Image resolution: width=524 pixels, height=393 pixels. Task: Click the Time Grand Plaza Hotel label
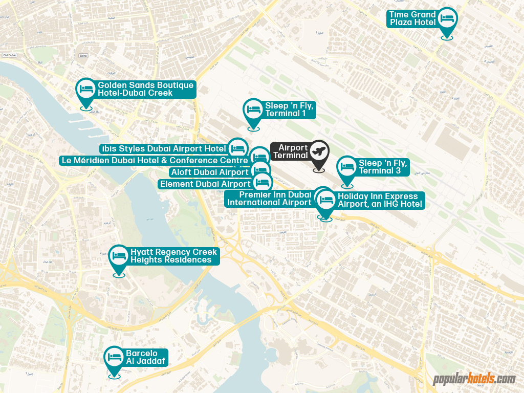412,18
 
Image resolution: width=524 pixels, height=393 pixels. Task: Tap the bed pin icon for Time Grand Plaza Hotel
447,19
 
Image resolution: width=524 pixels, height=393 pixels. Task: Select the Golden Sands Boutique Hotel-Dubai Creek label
145,89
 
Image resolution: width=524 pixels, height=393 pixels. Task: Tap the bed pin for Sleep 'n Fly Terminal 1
253,110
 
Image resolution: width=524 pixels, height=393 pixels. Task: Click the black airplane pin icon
319,152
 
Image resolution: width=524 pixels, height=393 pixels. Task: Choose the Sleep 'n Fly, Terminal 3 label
383,167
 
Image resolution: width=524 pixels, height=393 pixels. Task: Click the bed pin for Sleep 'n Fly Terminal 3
347,167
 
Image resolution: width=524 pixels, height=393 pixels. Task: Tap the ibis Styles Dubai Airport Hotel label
164,149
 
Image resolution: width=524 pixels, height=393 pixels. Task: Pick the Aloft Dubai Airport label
210,172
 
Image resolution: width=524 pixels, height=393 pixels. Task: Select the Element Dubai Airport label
205,184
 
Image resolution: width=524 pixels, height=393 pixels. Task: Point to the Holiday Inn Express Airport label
380,201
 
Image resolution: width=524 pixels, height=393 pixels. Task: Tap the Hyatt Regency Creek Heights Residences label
173,256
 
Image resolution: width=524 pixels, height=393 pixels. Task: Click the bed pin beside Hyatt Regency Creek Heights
119,256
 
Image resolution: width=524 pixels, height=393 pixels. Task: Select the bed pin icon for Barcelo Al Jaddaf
114,357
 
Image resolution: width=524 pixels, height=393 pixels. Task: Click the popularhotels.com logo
474,379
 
